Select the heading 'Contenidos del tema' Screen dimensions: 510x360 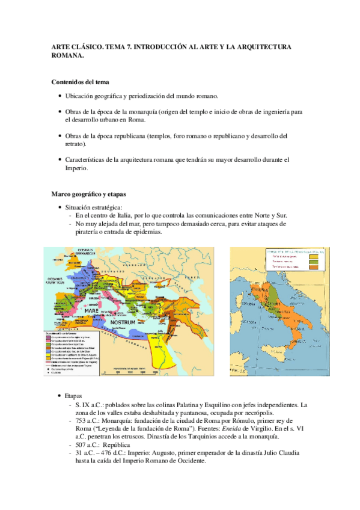tap(80, 82)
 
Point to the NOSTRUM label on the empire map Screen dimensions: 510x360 tap(126, 323)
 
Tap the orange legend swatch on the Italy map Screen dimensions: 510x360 tap(313, 268)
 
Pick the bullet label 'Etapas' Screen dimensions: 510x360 tap(74, 396)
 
